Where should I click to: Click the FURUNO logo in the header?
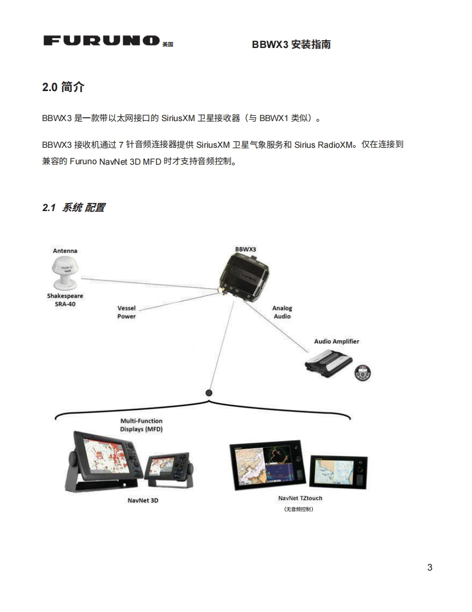pos(101,41)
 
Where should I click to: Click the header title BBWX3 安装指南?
pos(291,45)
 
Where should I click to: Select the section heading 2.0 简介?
pos(63,87)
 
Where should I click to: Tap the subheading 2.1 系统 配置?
pos(74,207)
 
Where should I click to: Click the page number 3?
pos(429,567)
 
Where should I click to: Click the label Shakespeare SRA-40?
pos(65,300)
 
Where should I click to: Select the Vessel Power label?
pos(126,312)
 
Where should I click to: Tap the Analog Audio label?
pos(282,312)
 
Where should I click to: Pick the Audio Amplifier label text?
pos(336,341)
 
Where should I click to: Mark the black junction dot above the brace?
pos(209,392)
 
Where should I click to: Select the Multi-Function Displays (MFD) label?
pos(141,425)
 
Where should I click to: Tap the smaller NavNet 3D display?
pos(167,468)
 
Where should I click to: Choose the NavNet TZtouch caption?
pos(300,498)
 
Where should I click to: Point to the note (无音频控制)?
pos(299,509)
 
